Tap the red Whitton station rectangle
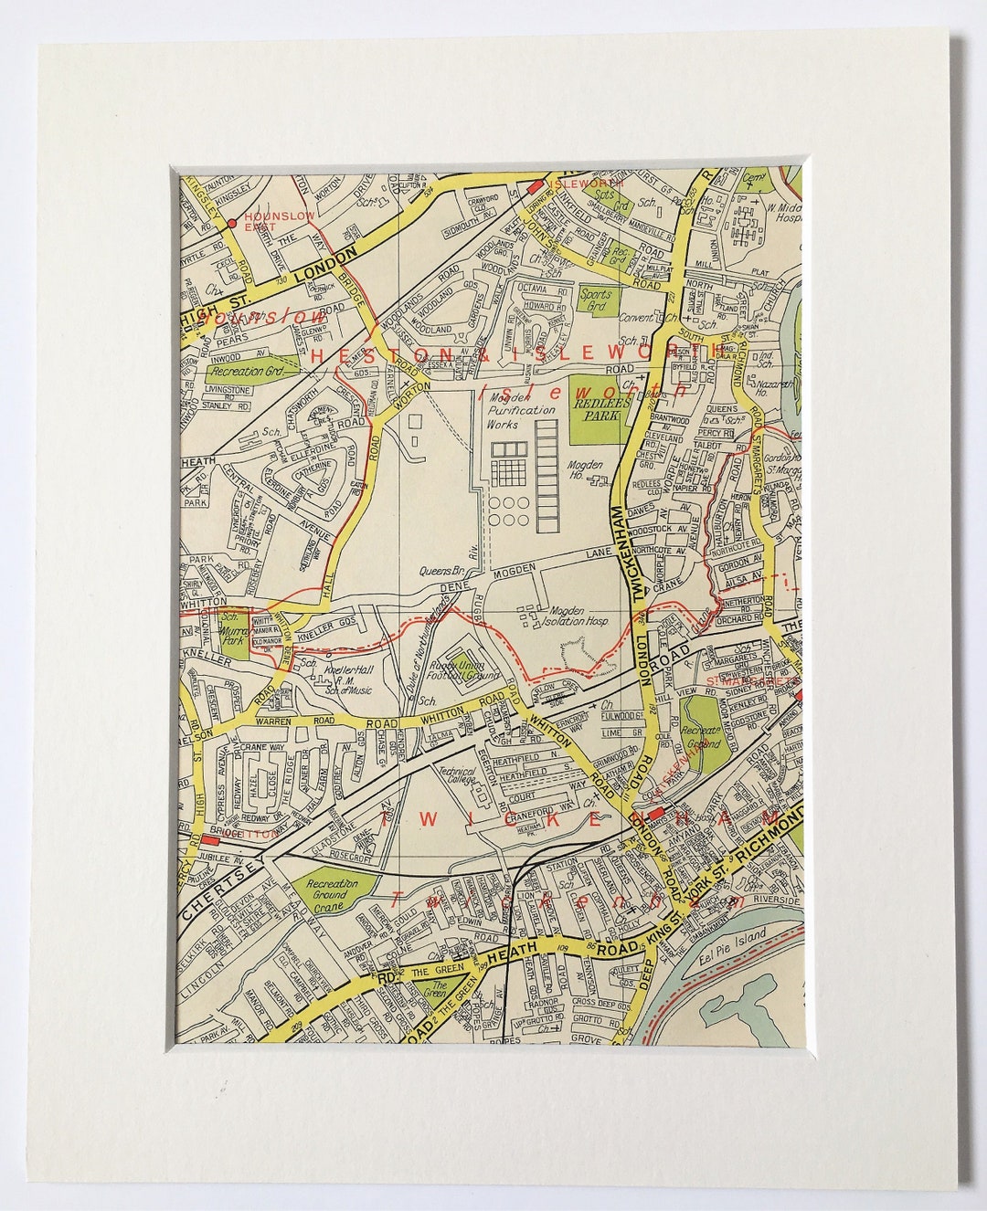[x=211, y=839]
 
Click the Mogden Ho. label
[x=586, y=469]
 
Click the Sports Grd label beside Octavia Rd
[x=600, y=299]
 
